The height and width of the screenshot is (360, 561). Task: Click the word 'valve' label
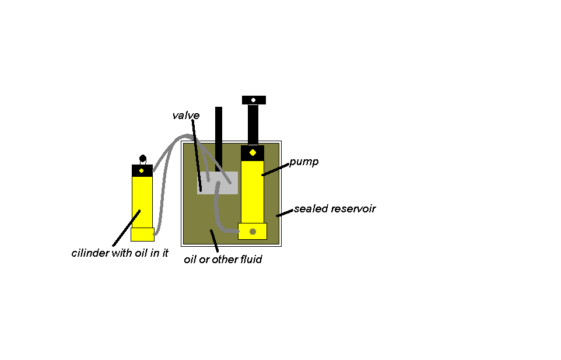coord(185,116)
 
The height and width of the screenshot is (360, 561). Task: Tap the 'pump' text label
coord(304,162)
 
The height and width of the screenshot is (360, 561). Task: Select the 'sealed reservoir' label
coord(334,208)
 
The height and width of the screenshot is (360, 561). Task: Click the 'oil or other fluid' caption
coord(223,259)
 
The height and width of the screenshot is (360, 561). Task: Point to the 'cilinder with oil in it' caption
coord(120,253)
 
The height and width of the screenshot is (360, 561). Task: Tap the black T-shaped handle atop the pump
coord(254,100)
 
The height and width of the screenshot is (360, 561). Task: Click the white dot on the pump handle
coord(253,100)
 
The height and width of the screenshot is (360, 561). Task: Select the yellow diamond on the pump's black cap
coord(253,153)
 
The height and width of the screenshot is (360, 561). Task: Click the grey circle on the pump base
coord(253,232)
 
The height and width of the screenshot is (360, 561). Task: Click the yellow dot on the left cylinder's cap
coord(142,170)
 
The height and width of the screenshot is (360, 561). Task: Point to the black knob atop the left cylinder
coord(142,158)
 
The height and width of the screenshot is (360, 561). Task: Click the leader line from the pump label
coord(275,169)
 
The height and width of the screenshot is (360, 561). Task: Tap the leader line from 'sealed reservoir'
coord(284,213)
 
